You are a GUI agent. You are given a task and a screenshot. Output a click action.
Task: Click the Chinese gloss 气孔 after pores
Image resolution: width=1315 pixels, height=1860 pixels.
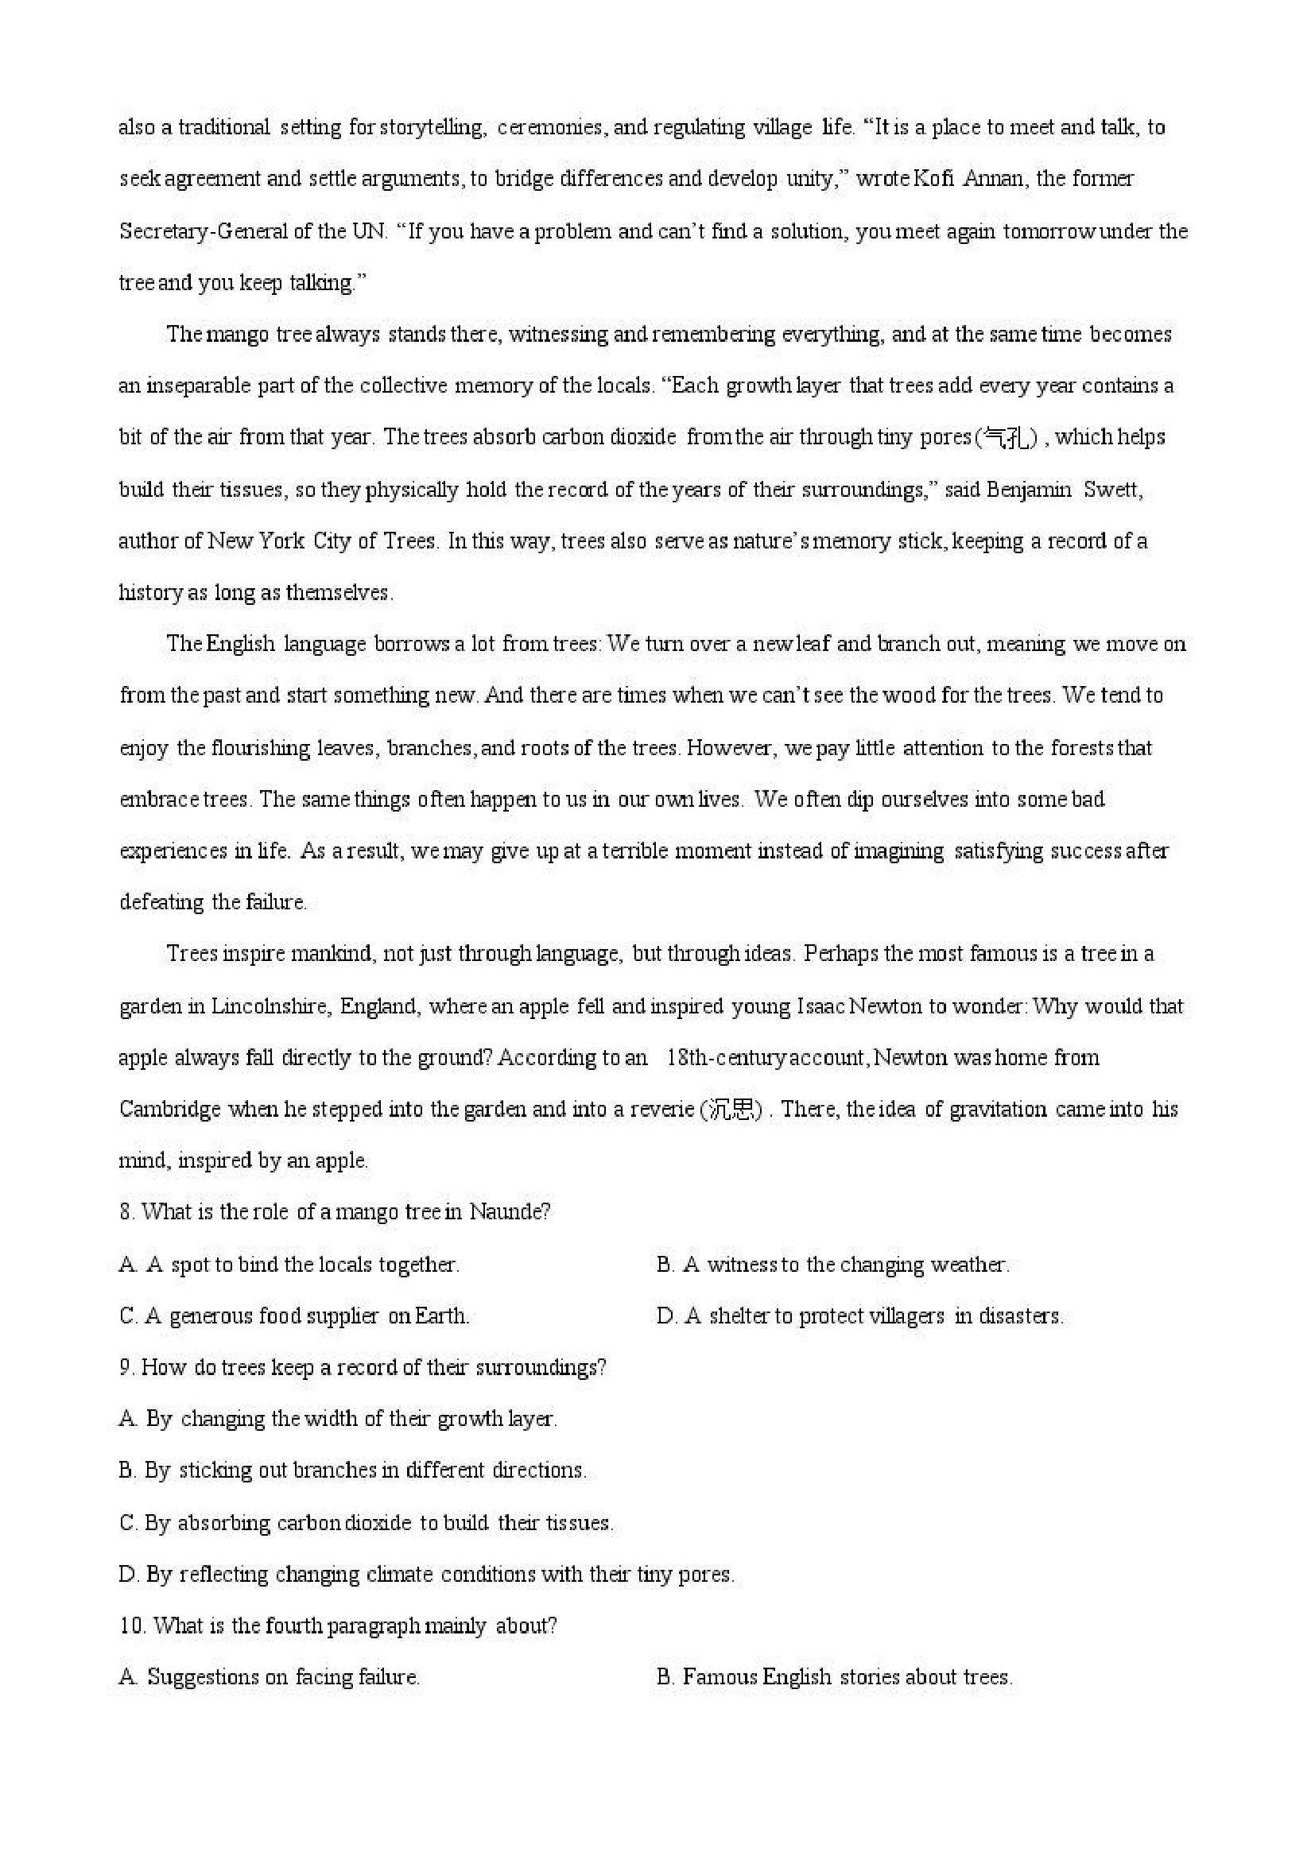(1007, 438)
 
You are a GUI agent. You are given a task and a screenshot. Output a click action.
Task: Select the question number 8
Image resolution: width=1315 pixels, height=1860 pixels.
(126, 1213)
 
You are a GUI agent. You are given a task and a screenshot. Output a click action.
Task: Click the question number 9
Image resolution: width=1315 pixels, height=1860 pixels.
(126, 1367)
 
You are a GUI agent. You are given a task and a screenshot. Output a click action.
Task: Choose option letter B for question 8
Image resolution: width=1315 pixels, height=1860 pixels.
(665, 1265)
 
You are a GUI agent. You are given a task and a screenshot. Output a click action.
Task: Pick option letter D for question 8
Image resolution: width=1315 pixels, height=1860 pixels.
(665, 1316)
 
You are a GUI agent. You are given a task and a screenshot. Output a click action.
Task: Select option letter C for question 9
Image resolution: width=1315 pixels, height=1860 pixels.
(127, 1523)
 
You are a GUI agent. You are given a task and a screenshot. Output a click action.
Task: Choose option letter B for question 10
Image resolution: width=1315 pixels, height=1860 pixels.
(665, 1677)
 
